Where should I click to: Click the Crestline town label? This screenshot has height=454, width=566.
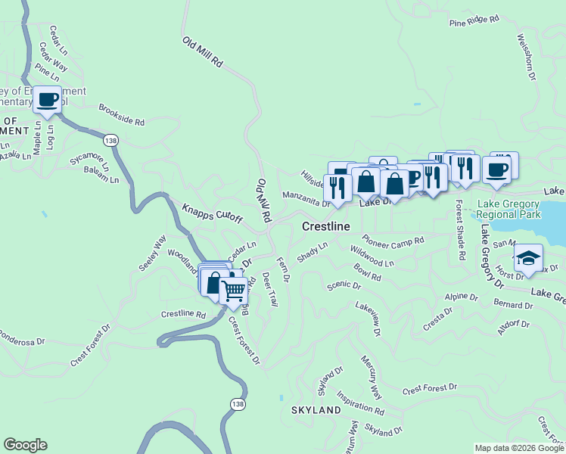(326, 227)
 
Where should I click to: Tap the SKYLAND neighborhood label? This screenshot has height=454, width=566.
(316, 410)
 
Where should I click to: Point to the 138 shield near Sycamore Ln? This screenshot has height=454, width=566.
(110, 141)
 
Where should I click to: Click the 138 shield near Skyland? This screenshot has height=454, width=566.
(238, 405)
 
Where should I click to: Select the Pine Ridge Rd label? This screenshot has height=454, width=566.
(474, 21)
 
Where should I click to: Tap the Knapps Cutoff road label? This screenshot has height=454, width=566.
(213, 213)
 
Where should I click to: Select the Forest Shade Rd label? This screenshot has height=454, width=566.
(459, 230)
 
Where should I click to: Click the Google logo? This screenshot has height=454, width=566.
(25, 445)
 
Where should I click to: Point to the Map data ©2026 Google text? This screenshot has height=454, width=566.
(518, 448)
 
